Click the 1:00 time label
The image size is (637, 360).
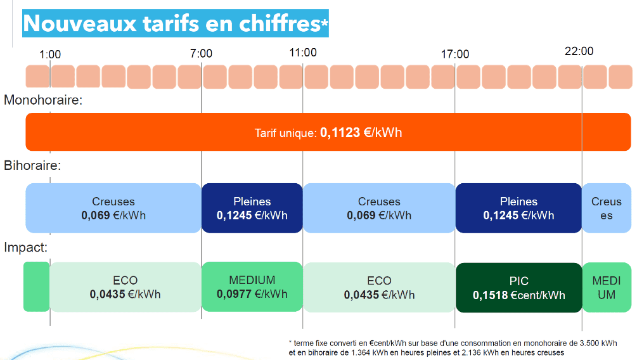50,55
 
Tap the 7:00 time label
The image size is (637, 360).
201,54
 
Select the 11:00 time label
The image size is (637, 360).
303,52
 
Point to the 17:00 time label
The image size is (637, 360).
455,55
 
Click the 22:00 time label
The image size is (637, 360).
579,51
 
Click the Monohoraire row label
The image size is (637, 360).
42,100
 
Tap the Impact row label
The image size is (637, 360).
25,248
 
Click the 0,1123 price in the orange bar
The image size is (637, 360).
341,133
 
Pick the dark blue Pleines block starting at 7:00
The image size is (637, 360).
252,208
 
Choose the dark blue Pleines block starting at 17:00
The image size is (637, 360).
518,208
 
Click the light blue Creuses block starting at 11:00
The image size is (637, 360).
379,208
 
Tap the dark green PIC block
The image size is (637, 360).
518,288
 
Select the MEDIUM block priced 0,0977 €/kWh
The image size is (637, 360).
252,286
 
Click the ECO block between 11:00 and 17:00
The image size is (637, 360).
379,288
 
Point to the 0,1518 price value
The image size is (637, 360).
491,295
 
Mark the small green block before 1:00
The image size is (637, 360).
36,286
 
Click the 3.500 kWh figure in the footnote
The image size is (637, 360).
597,343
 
